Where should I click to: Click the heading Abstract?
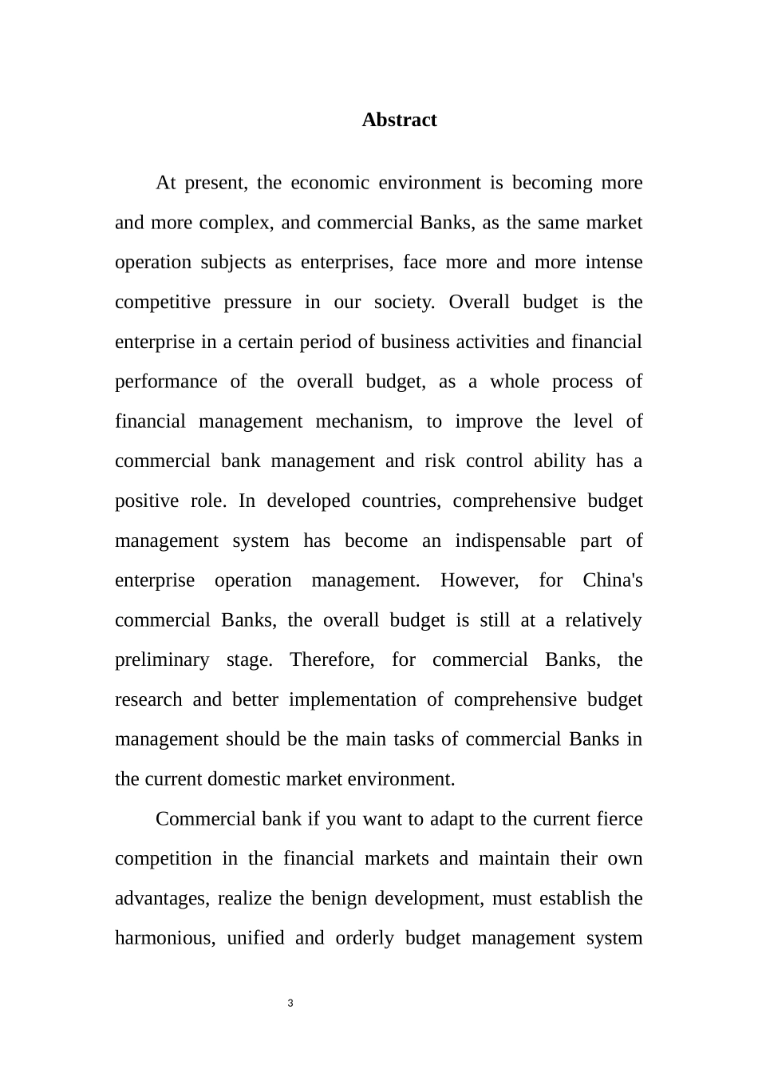tap(399, 120)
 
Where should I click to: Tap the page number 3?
tap(290, 1003)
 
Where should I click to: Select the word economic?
tap(330, 183)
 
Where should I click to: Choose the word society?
tap(405, 302)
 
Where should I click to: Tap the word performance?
tap(166, 382)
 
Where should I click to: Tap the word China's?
tap(613, 580)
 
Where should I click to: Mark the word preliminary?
tap(162, 660)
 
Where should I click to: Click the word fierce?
tap(619, 819)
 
